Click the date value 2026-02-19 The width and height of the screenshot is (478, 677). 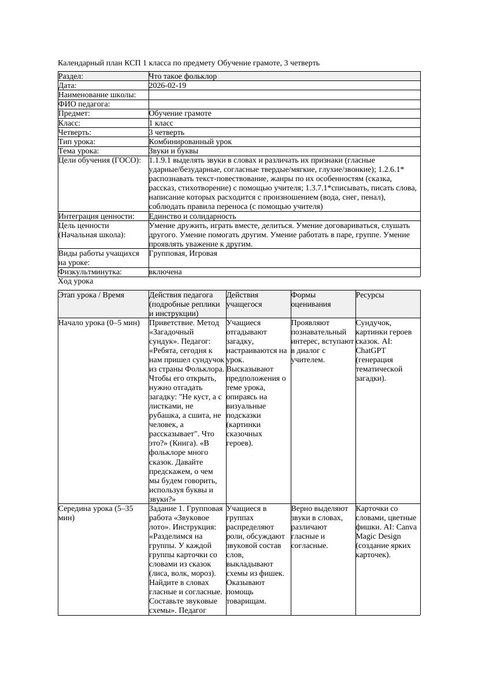pyautogui.click(x=168, y=86)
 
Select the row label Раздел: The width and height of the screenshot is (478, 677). pyautogui.click(x=71, y=76)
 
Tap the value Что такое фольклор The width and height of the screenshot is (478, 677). pyautogui.click(x=183, y=76)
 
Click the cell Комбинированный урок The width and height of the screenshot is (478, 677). pyautogui.click(x=190, y=142)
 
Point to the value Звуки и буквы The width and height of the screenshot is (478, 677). pyautogui.click(x=173, y=151)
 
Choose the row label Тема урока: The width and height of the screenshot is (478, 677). pyautogui.click(x=79, y=151)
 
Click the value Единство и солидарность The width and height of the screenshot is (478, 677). pyautogui.click(x=192, y=216)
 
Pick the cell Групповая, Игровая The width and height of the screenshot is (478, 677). pyautogui.click(x=183, y=253)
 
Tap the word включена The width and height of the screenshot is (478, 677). pyautogui.click(x=165, y=272)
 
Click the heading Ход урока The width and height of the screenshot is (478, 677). pyautogui.click(x=76, y=281)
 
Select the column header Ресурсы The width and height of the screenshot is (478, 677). pyautogui.click(x=370, y=295)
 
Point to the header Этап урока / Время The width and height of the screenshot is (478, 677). pyautogui.click(x=91, y=295)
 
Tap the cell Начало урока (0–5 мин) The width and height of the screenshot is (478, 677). pyautogui.click(x=99, y=323)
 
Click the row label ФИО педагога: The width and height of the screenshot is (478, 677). pyautogui.click(x=84, y=104)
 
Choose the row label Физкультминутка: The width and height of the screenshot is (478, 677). pyautogui.click(x=90, y=272)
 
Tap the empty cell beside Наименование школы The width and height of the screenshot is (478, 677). pyautogui.click(x=283, y=95)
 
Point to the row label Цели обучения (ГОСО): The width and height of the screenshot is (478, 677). pyautogui.click(x=99, y=160)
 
